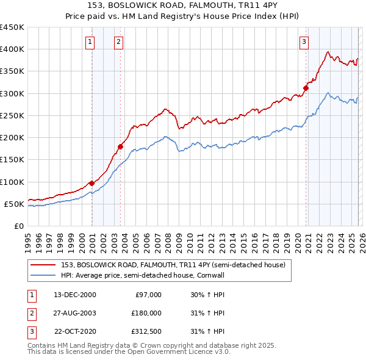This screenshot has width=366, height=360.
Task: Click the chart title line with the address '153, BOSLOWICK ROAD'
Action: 182,6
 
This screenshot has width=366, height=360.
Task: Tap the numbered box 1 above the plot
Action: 90,42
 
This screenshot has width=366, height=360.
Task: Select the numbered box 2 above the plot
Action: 118,42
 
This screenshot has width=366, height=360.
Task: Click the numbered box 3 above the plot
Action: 304,42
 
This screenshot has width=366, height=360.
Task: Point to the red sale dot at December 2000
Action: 92,182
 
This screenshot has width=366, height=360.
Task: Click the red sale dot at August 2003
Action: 121,146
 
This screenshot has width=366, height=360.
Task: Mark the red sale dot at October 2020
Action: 306,88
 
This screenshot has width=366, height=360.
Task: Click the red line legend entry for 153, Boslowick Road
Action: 173,265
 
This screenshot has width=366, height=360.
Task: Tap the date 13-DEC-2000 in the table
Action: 75,295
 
